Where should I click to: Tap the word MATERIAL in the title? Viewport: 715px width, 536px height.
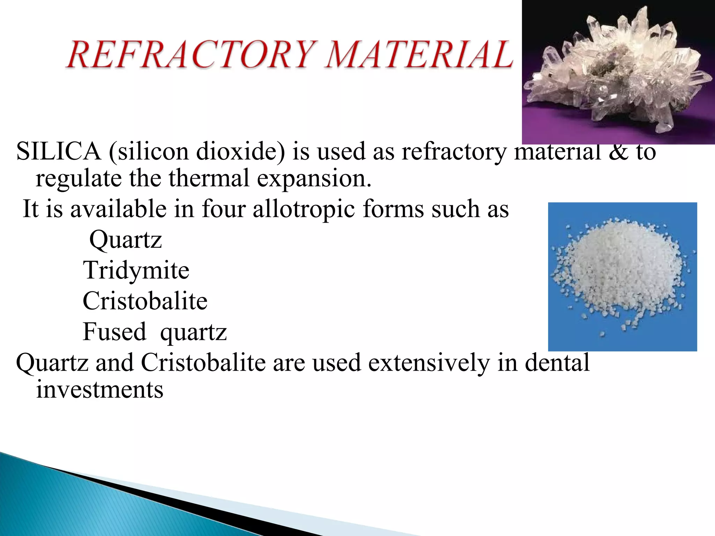419,55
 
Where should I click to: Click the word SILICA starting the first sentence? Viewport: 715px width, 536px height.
58,152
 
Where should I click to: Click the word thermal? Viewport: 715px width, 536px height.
209,178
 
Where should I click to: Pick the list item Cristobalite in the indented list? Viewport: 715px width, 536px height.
145,301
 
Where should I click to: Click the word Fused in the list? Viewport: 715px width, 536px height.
114,332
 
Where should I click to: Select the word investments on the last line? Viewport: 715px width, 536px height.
99,390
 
